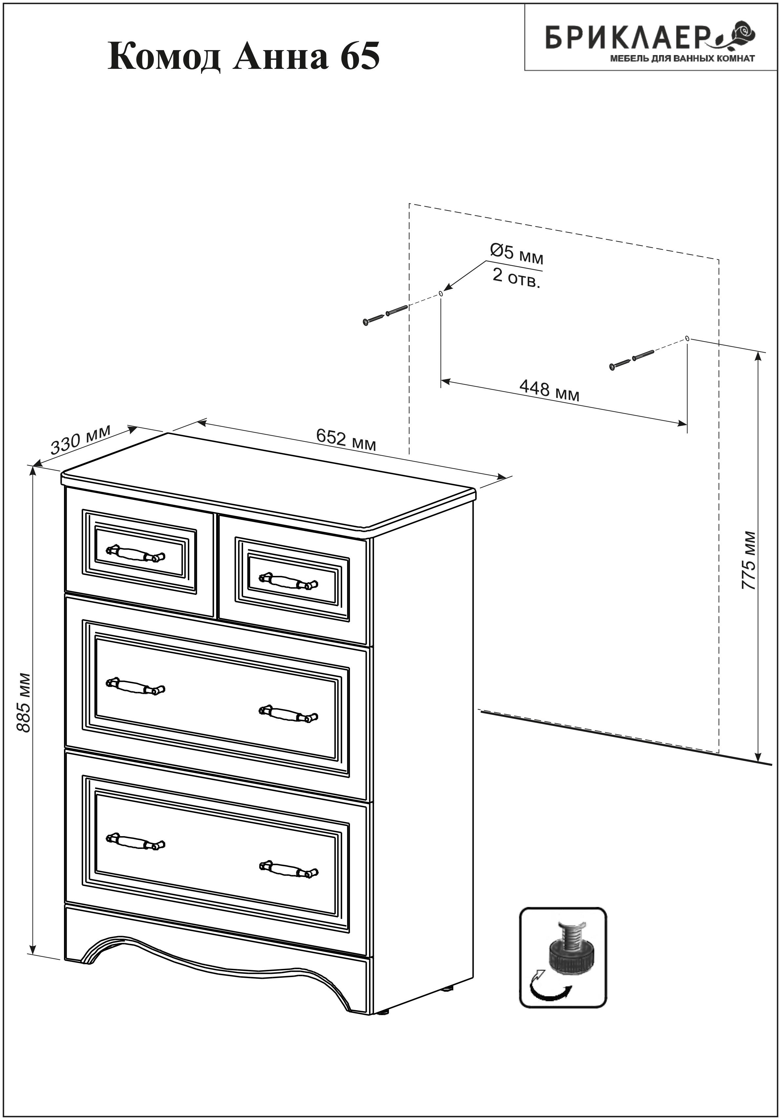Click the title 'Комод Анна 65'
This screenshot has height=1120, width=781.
(243, 57)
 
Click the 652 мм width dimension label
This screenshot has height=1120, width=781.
(346, 439)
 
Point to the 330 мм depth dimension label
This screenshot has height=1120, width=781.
(81, 439)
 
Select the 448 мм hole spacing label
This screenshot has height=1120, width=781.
(549, 390)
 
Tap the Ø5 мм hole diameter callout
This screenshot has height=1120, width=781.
(516, 254)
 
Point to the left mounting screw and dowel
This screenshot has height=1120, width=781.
(386, 315)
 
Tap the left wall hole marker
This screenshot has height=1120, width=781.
(441, 294)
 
